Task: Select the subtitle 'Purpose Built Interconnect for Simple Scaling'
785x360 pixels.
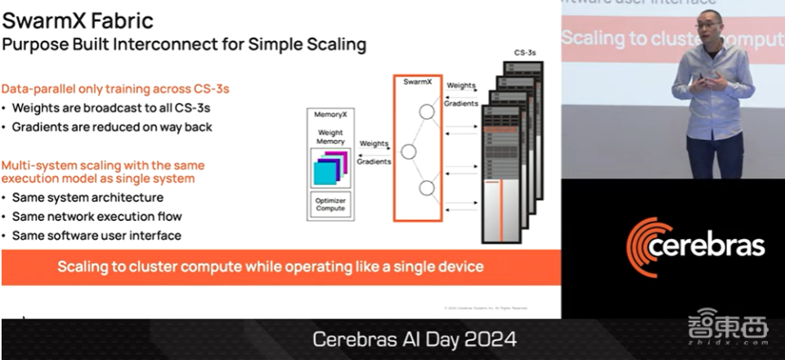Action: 184,43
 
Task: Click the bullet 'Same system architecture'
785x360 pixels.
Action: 87,197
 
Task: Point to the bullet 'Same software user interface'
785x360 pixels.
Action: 96,235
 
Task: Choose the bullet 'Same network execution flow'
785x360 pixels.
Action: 96,216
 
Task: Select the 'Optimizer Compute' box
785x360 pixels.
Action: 330,205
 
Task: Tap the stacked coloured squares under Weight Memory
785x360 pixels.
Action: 330,169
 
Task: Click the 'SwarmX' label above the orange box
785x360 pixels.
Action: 417,82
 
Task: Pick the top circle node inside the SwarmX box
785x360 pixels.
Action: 426,112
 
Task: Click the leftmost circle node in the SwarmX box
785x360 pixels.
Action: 408,151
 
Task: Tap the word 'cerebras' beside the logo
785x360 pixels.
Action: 716,246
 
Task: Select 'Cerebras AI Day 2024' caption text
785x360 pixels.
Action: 415,339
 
